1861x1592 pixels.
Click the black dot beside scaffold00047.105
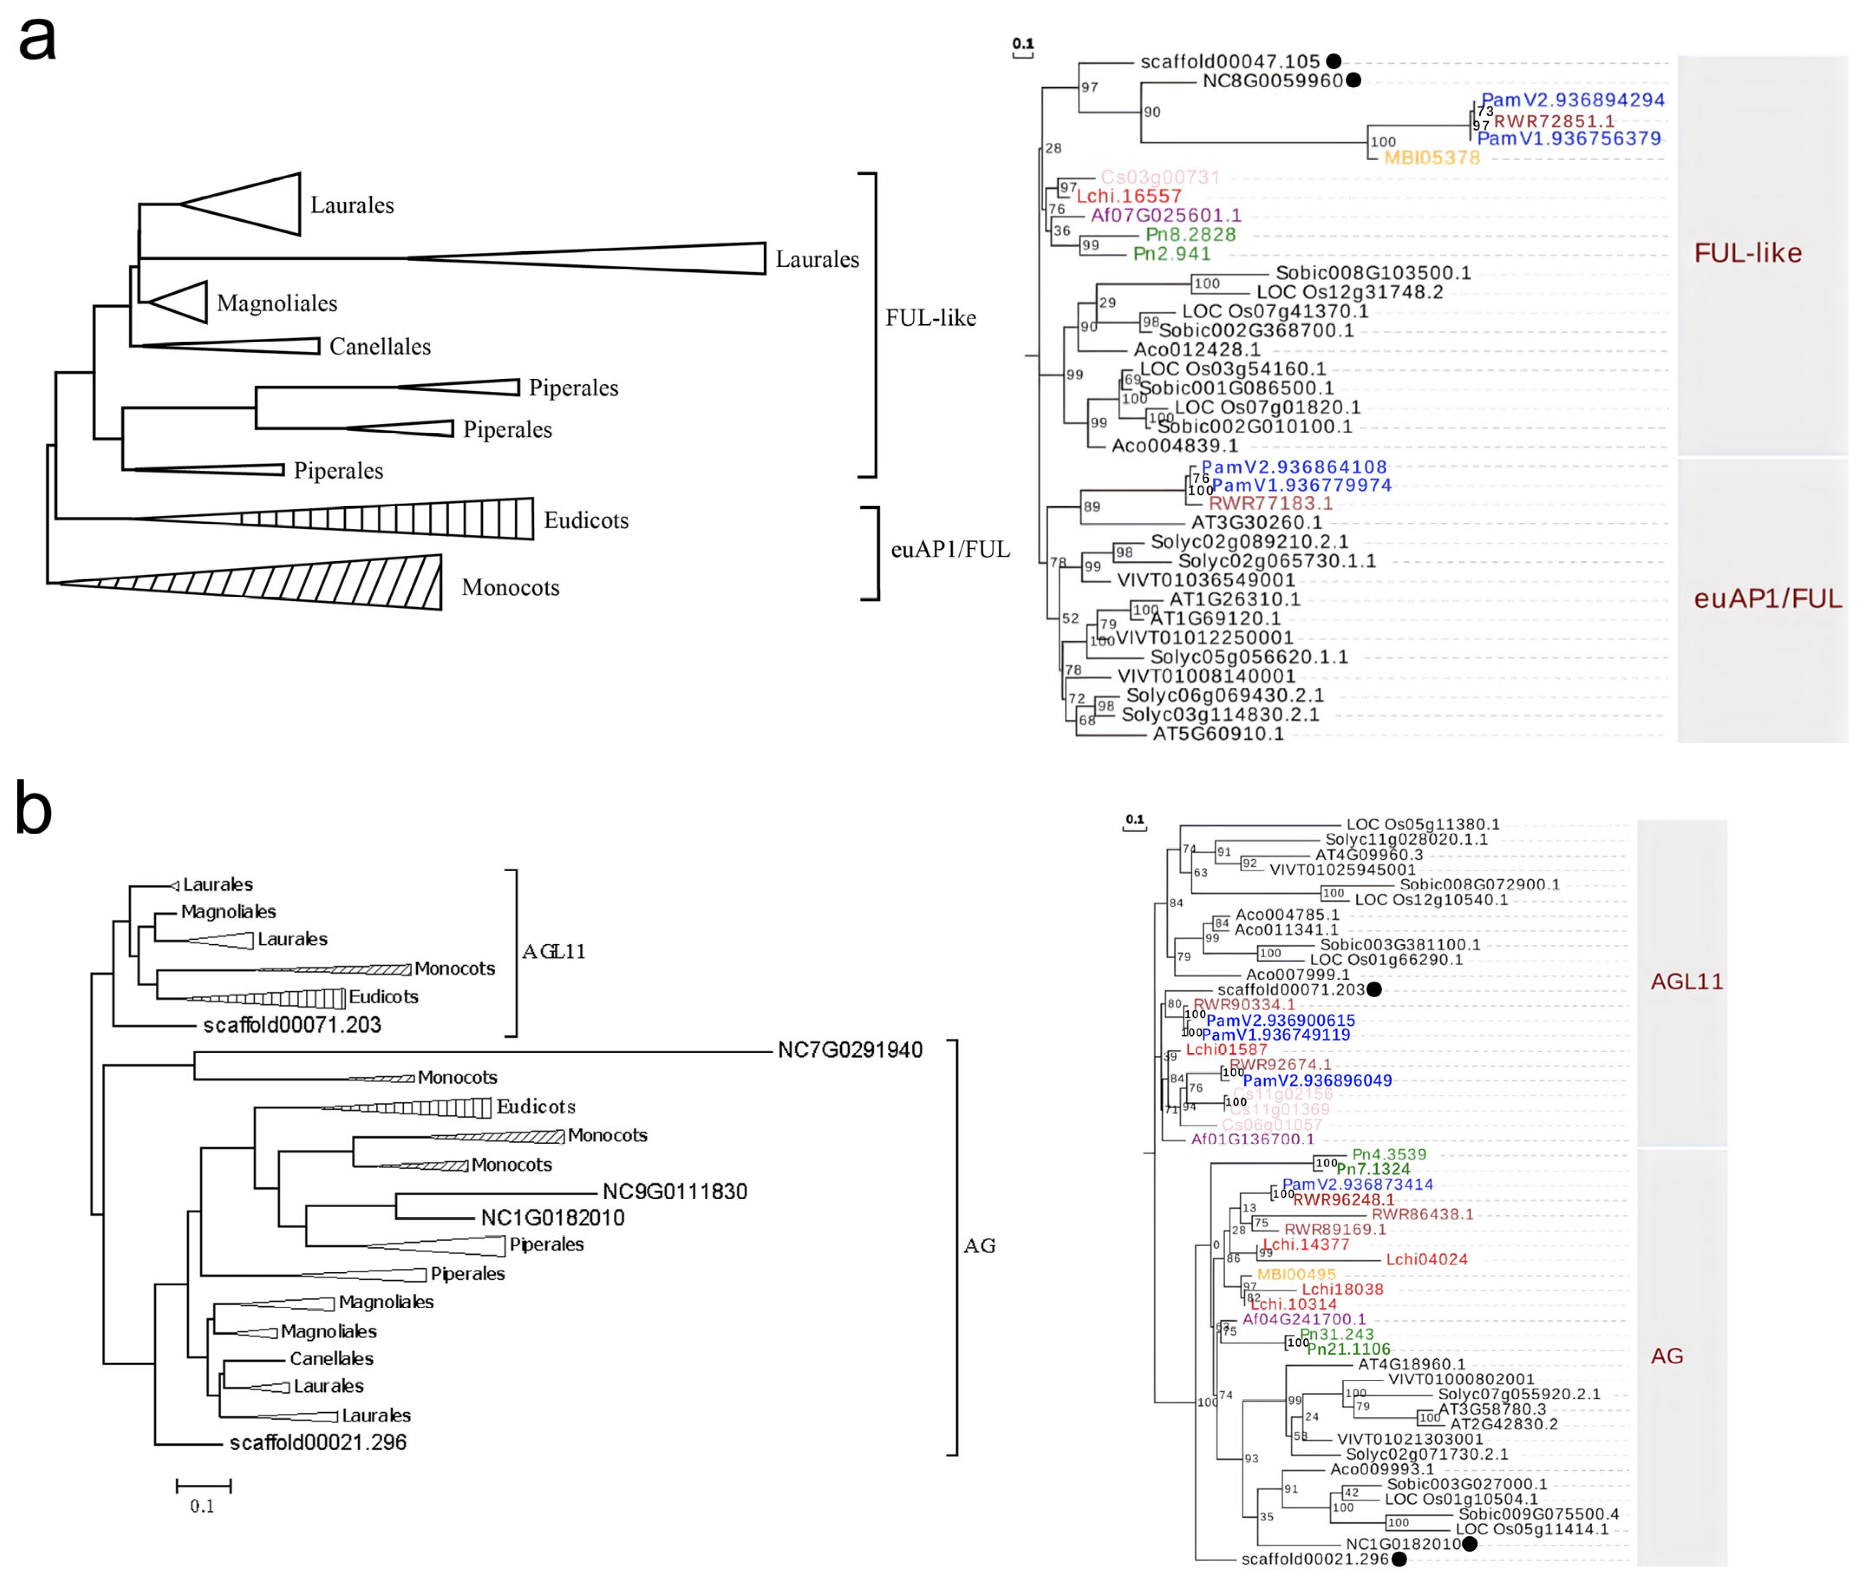click(x=1334, y=61)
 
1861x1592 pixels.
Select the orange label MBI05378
click(x=1432, y=158)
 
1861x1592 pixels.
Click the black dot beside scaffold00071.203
click(x=1373, y=989)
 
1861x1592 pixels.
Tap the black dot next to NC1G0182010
click(x=1469, y=1543)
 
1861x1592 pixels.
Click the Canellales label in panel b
click(x=331, y=1359)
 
